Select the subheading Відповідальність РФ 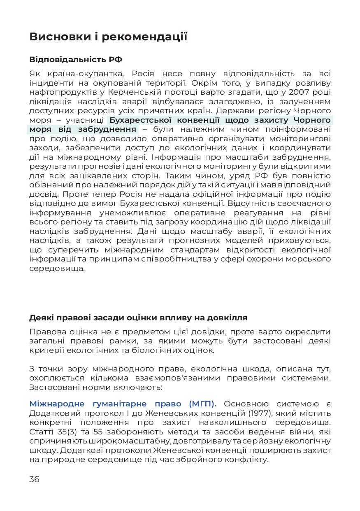(76, 60)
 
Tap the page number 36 (35, 479)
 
